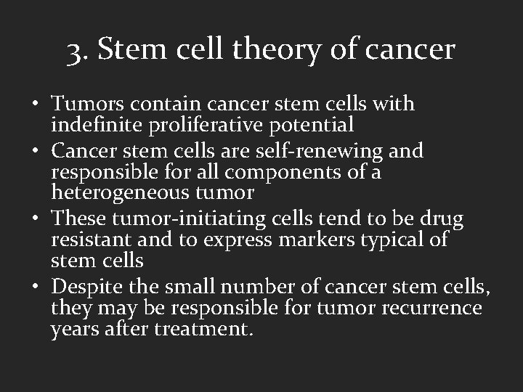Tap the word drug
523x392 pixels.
coord(437,219)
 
